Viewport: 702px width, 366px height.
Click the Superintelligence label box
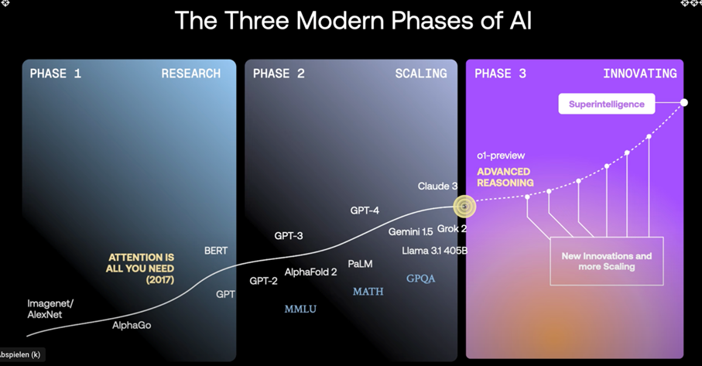606,104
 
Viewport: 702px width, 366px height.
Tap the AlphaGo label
132,325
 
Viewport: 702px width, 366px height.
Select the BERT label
216,251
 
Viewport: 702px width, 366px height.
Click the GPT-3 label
289,236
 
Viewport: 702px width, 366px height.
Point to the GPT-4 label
365,210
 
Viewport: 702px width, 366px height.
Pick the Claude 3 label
437,186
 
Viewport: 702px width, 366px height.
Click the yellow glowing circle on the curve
464,207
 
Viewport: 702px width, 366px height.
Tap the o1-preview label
501,156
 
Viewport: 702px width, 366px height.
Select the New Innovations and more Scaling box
607,262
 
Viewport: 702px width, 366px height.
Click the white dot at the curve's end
683,102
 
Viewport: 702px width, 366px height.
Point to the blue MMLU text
300,310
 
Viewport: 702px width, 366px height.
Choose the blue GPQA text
420,279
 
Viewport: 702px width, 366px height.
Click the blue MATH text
368,292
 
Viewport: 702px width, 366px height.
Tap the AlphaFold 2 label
310,272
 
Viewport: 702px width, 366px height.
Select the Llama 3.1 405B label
434,251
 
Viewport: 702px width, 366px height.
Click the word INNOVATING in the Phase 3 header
640,74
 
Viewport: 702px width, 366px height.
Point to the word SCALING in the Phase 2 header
421,74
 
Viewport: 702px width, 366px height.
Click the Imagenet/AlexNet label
50,309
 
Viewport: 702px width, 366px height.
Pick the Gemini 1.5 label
410,232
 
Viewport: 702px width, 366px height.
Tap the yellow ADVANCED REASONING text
505,177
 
